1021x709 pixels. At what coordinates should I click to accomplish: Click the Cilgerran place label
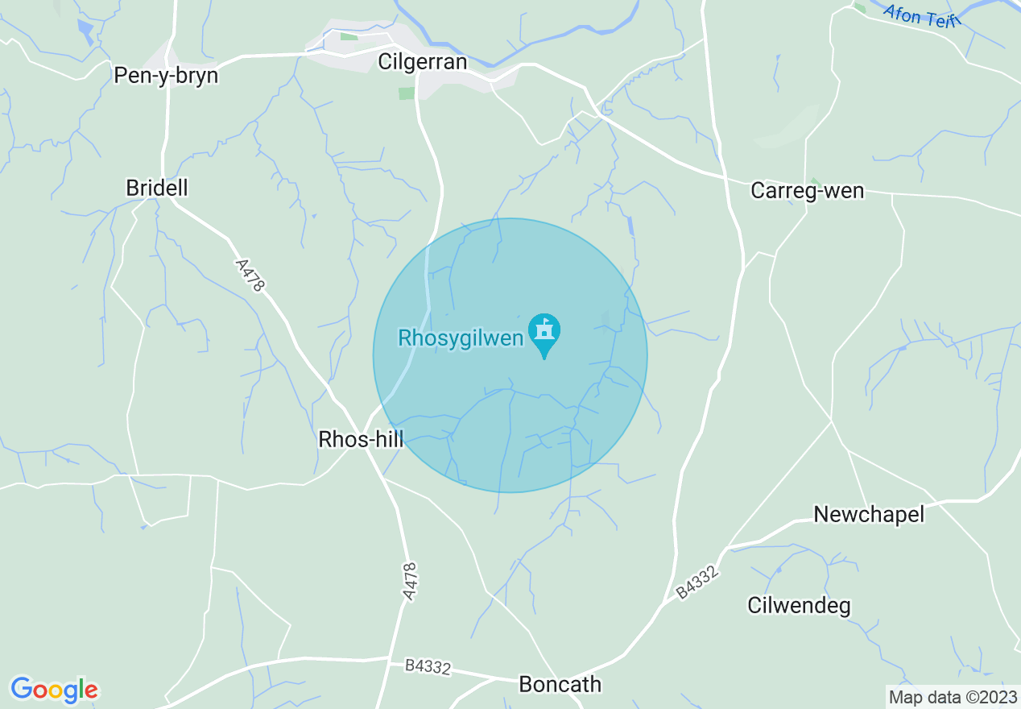coord(423,62)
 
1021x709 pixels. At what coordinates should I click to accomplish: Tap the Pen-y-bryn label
coord(166,76)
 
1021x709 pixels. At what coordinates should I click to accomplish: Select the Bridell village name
coord(157,188)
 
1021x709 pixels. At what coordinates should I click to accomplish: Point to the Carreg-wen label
coord(807,191)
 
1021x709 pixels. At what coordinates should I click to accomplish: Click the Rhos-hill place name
coord(361,439)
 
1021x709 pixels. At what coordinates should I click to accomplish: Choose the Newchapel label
coord(869,514)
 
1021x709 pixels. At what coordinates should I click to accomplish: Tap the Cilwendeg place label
coord(799,606)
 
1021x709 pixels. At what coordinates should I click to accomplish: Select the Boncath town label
coord(560,684)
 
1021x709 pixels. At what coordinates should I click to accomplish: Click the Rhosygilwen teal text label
coord(461,338)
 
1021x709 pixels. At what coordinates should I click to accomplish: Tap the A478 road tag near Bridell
coord(250,276)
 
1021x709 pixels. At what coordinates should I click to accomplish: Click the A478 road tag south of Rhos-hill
coord(410,581)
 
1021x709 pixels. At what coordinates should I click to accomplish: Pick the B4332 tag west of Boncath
coord(428,666)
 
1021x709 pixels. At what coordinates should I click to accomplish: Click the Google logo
coord(54,690)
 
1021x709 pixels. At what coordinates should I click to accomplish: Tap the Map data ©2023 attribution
coord(953,696)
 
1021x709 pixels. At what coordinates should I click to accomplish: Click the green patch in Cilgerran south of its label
coord(407,93)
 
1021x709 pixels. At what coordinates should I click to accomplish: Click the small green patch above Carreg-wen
coord(814,181)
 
